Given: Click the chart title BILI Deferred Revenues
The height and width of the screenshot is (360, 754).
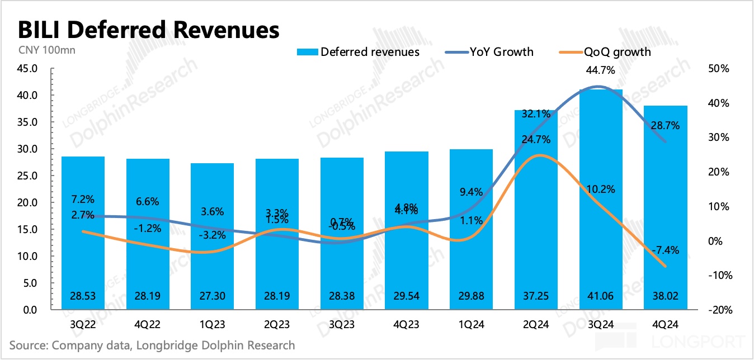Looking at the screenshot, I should pos(149,30).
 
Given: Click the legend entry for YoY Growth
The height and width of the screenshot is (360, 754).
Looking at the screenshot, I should pos(490,52).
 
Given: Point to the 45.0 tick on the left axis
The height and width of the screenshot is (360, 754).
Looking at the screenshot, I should pos(27,69).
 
